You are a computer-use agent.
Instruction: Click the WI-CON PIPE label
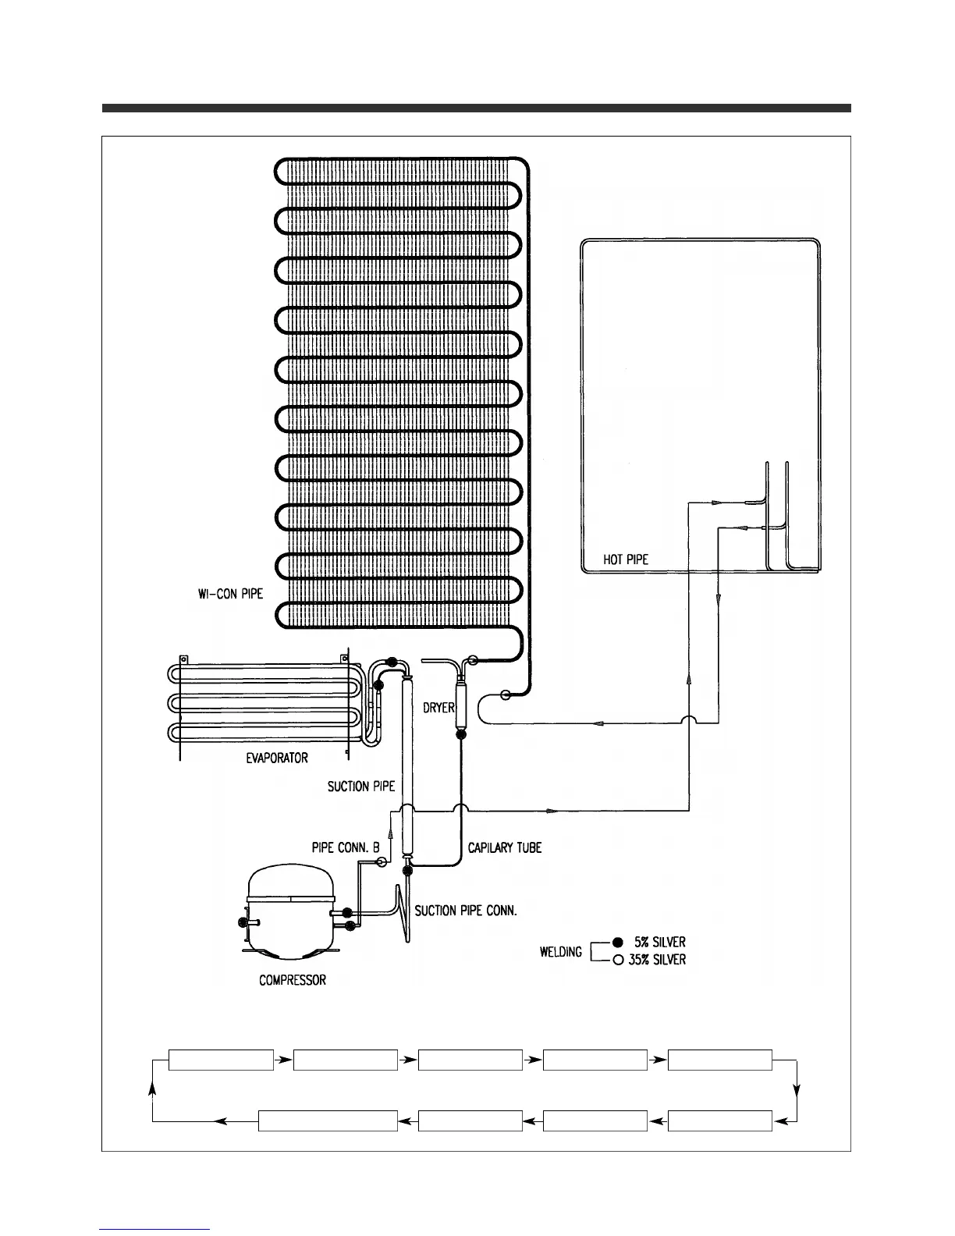click(x=230, y=594)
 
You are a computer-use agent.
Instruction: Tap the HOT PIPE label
click(x=626, y=559)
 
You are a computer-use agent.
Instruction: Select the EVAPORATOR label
click(x=272, y=758)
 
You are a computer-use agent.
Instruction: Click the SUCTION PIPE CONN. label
click(x=466, y=911)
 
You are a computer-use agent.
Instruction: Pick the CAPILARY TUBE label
click(x=504, y=847)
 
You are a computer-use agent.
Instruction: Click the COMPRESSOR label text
click(x=293, y=980)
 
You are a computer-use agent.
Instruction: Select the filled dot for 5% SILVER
click(x=618, y=942)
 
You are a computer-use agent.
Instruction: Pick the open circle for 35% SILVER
click(x=618, y=960)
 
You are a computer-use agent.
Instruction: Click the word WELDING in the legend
click(x=561, y=952)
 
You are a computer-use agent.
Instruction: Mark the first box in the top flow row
click(x=221, y=1060)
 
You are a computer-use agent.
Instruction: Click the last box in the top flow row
click(x=720, y=1060)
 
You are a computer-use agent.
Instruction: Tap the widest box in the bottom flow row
click(x=328, y=1121)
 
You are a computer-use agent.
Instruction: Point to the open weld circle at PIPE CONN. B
click(x=382, y=861)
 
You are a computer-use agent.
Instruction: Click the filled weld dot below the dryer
click(x=460, y=734)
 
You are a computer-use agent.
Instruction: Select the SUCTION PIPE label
click(x=361, y=787)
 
